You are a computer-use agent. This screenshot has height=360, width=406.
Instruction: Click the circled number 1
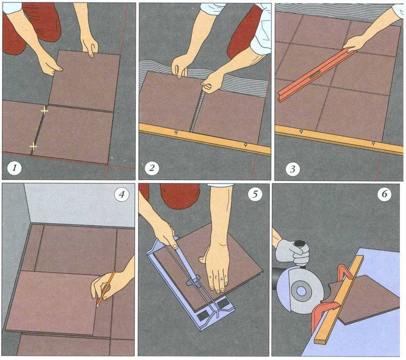pos(14,168)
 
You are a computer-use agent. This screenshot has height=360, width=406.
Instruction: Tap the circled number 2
pos(152,168)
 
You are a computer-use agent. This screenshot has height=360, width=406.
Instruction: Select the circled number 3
pos(293,169)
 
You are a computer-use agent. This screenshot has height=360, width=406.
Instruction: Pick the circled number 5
pos(255,194)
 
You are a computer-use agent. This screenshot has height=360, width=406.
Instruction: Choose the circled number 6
pos(384,194)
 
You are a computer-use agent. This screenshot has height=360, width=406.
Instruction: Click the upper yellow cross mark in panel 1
pos(45,111)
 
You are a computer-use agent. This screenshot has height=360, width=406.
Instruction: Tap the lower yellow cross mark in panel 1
pos(33,147)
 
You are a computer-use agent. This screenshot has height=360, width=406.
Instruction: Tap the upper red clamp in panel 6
pos(345,272)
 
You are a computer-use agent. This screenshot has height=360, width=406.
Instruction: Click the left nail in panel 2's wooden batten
pos(176,132)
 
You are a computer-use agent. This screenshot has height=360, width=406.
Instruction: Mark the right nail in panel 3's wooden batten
pos(373,143)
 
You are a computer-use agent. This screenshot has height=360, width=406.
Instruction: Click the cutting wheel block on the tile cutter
pos(193,281)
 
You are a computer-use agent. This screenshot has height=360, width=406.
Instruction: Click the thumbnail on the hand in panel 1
pos(61,69)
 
